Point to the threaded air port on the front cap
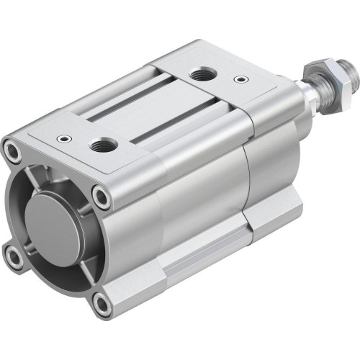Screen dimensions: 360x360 coord(101,145)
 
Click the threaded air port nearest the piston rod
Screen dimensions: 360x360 coord(199,73)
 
